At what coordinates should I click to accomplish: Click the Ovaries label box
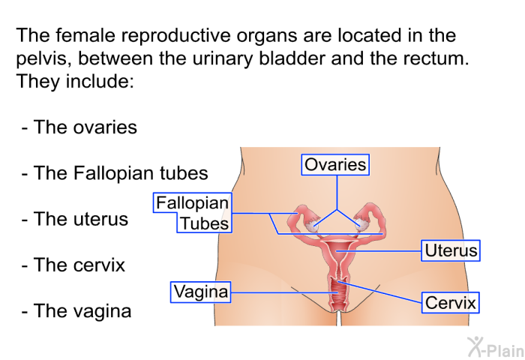335,164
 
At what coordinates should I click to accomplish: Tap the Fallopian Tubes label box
193,213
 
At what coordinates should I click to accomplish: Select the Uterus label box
451,250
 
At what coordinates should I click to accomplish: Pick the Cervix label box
450,303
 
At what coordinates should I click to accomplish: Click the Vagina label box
200,292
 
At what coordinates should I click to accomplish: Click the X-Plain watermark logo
496,347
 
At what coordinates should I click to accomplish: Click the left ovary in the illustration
311,226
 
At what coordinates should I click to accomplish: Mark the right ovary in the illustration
361,223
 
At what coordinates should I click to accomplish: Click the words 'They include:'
75,81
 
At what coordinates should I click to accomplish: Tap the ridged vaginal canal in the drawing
338,291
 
